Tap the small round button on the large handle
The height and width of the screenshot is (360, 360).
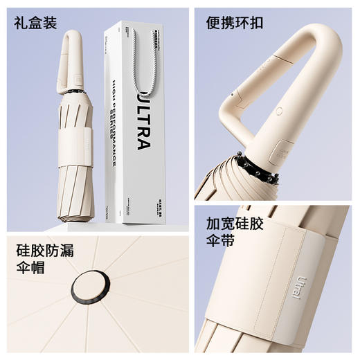coord(279,111)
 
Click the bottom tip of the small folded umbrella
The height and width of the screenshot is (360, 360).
coord(74,220)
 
